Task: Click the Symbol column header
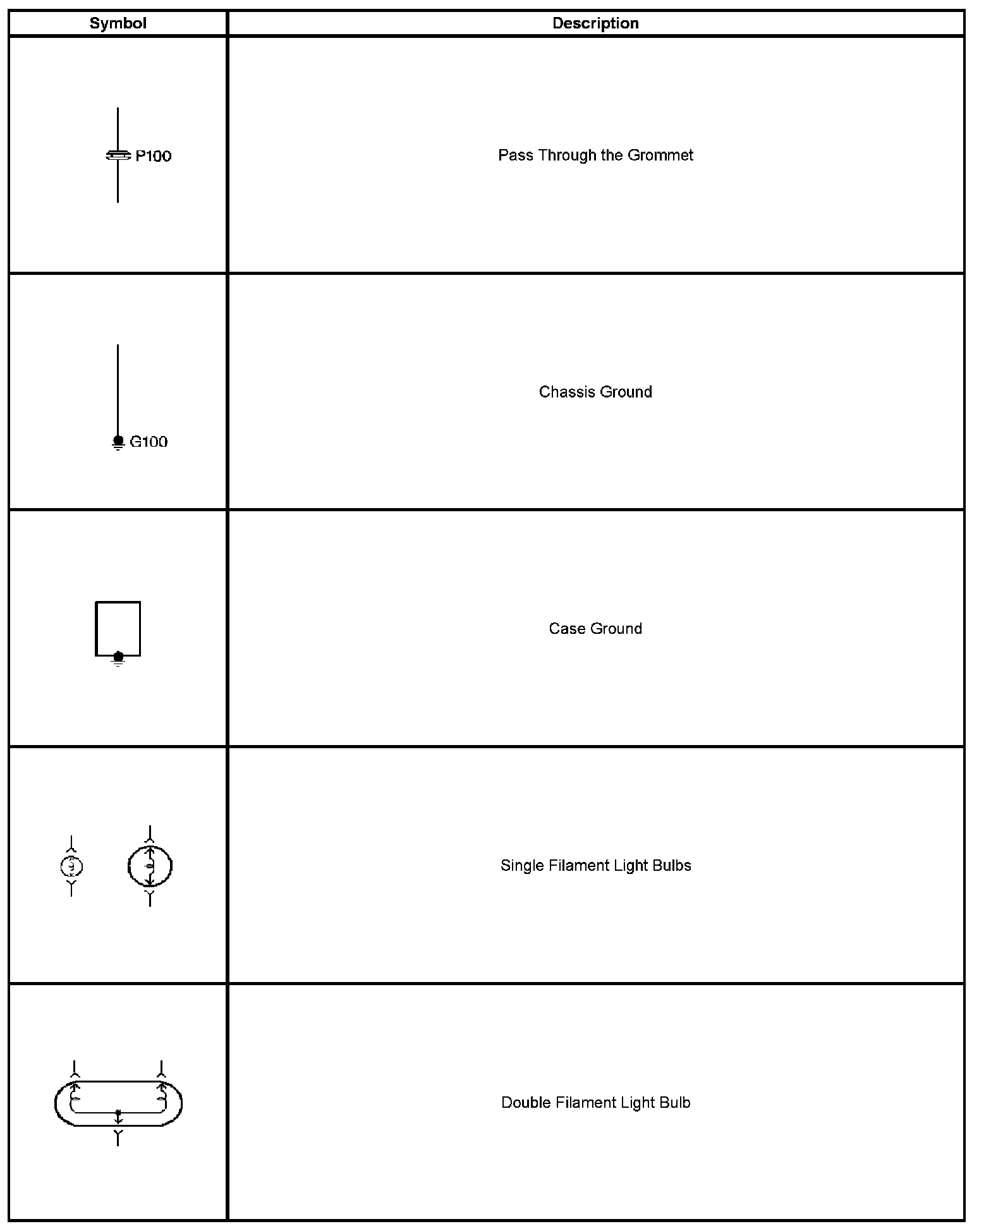118,23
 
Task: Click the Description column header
595,23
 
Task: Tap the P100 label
154,156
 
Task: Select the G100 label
149,442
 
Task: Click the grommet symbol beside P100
118,155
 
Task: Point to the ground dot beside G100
118,440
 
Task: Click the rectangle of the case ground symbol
118,628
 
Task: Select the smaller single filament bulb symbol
71,866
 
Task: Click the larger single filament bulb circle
150,866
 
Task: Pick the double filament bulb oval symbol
118,1103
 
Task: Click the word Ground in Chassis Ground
626,392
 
